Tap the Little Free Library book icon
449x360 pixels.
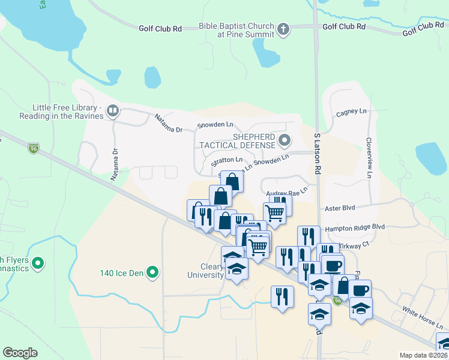click(112, 110)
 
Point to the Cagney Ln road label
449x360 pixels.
click(351, 112)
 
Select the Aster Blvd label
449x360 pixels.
click(340, 208)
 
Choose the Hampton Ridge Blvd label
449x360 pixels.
click(354, 228)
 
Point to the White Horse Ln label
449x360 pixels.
click(423, 318)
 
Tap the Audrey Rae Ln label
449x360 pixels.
click(286, 193)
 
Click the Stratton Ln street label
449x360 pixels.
click(227, 160)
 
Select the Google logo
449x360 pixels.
click(20, 353)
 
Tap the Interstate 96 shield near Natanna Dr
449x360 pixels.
click(34, 148)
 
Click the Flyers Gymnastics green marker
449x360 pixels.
click(38, 263)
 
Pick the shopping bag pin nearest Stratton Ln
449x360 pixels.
click(232, 181)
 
